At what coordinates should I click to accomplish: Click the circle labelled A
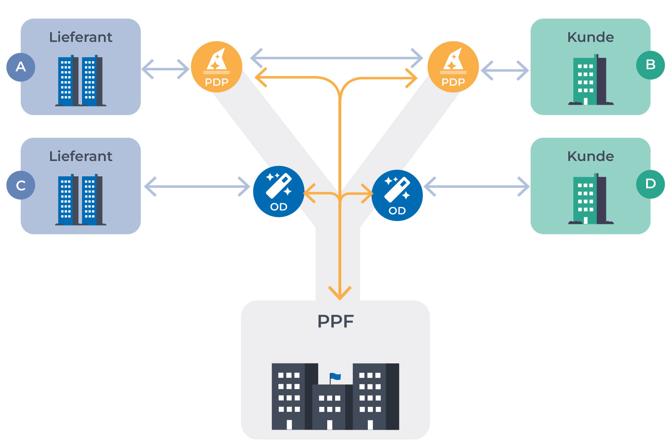coord(21,67)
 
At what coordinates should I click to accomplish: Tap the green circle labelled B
coord(650,65)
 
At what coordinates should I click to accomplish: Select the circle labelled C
coord(21,185)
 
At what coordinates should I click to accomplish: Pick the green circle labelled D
coord(650,184)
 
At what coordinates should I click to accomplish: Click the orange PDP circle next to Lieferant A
coord(217,67)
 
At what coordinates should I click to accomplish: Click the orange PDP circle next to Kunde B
coord(453,67)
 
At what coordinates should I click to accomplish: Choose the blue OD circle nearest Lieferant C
coord(279,192)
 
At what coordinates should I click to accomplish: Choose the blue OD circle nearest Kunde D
coord(397,195)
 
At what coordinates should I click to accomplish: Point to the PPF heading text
coord(335,322)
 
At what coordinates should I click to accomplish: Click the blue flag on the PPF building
coord(335,377)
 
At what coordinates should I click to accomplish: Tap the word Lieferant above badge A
coord(81,37)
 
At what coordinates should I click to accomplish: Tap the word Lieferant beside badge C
coord(81,156)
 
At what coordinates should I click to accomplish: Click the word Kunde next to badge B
coord(590,37)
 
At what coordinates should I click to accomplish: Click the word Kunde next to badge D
coord(590,156)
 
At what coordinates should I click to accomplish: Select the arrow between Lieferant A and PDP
coord(165,69)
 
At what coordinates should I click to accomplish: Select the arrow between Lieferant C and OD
coord(197,187)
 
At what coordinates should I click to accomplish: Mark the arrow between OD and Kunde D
coord(477,187)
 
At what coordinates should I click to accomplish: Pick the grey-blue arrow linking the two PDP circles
coord(336,58)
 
